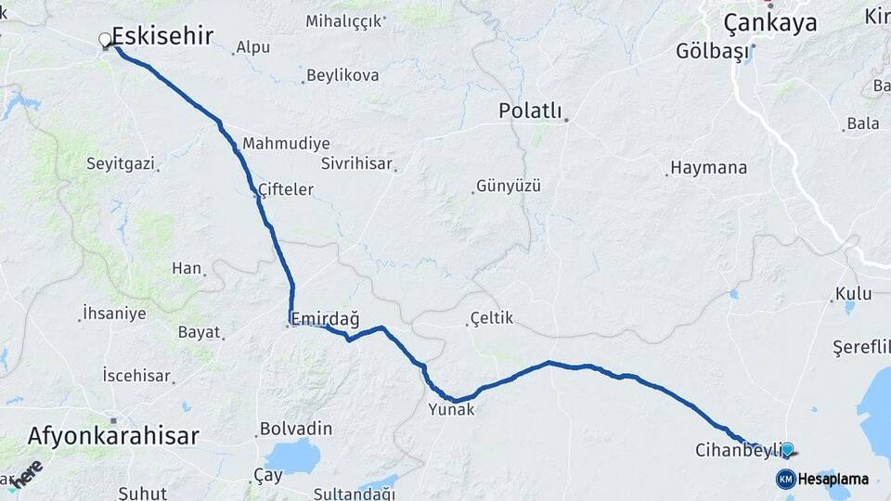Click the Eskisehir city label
tap(162, 36)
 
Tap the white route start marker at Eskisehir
tap(106, 40)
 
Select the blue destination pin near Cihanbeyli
tap(787, 450)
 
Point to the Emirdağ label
tap(325, 319)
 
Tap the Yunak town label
tap(451, 408)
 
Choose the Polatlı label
tap(531, 111)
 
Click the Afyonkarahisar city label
tap(113, 435)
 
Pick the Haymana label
tap(708, 169)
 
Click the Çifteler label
tap(286, 189)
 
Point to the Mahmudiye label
tap(286, 144)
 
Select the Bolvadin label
tap(296, 429)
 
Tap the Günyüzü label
tap(509, 186)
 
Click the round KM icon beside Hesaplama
tap(785, 479)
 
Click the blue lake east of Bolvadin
tap(292, 456)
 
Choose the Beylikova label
tap(342, 76)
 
